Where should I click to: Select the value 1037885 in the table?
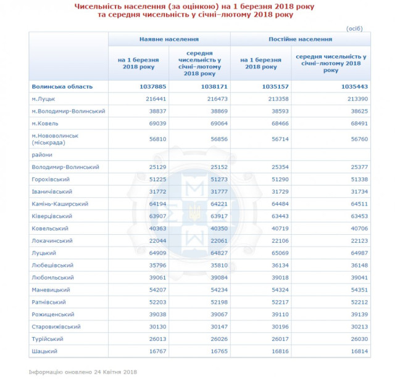pos(150,86)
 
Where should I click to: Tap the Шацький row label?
pos(44,351)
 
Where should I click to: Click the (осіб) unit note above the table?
pos(354,28)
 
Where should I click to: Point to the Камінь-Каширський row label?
pos(60,203)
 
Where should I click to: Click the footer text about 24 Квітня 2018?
pos(82,372)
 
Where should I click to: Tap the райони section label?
pos(41,155)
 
